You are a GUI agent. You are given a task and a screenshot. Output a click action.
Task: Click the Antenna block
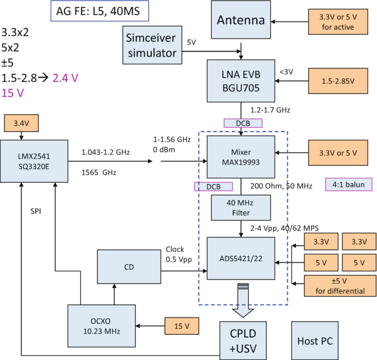[241, 21]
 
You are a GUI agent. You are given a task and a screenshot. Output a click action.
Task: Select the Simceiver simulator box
[152, 46]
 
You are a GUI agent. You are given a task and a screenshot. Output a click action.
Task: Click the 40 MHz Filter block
[241, 208]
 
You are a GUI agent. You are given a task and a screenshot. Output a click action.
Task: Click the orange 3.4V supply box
[20, 123]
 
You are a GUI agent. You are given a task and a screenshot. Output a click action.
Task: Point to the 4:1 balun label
[348, 184]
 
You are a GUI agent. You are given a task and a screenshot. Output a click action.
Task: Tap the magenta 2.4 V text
[65, 78]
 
